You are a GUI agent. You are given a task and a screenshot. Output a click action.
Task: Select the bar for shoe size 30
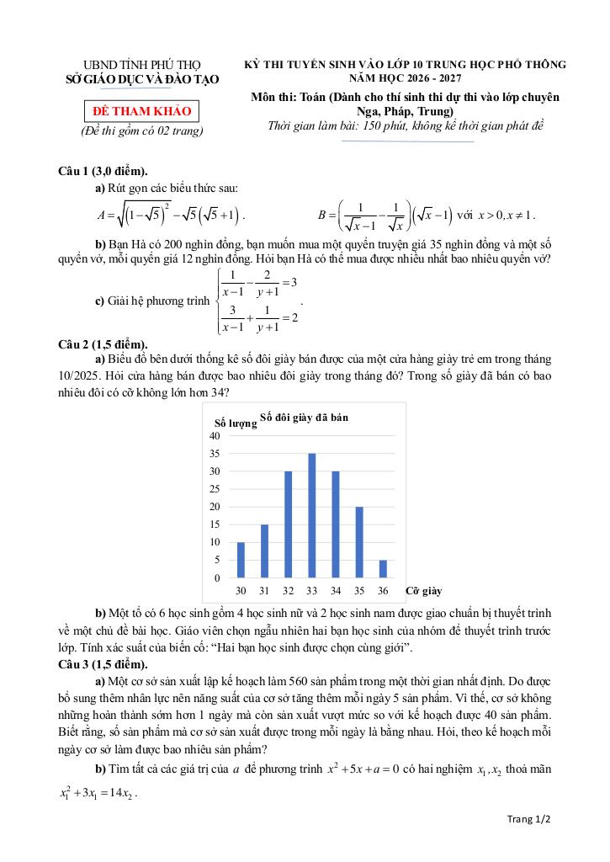(x=241, y=561)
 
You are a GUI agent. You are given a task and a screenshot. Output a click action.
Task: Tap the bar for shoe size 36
(x=383, y=569)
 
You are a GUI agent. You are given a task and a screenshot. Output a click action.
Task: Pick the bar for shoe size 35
(x=359, y=543)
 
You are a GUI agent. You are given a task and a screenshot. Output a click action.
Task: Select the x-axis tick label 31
(x=264, y=590)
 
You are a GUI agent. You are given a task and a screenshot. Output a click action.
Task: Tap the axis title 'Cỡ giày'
(x=423, y=591)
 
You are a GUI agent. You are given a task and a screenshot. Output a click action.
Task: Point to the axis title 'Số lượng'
(x=236, y=423)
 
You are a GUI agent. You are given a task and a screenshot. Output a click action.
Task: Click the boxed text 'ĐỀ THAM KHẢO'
(x=141, y=111)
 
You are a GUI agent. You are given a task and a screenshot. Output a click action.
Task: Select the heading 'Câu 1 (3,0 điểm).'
(x=103, y=171)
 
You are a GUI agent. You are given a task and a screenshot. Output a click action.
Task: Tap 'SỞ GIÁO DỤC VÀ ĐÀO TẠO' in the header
(x=141, y=79)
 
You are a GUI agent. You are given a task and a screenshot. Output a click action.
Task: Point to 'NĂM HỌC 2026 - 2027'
(x=406, y=77)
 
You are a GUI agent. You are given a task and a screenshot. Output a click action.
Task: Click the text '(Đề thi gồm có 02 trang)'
(x=141, y=131)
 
